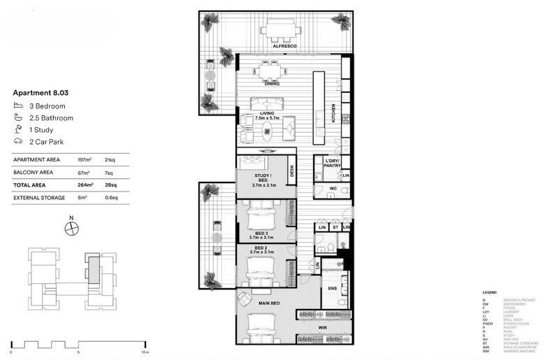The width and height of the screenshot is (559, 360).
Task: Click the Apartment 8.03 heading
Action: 41,92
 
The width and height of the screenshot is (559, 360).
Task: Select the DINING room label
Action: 272,84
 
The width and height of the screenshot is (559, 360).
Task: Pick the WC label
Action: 333,189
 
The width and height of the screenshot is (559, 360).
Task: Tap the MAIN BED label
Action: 269,303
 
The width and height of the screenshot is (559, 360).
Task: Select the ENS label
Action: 333,288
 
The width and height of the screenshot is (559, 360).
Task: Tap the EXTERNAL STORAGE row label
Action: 39,198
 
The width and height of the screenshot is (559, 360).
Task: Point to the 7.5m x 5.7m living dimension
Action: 266,119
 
